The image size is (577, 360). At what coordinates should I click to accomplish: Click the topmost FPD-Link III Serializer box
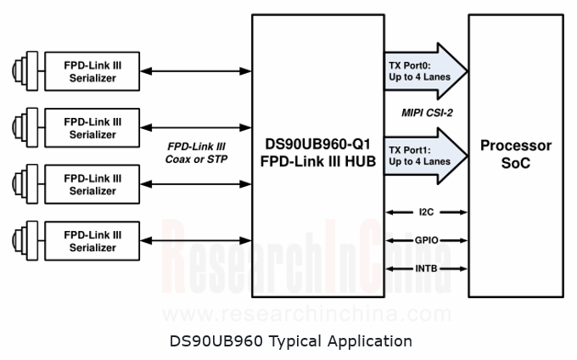[x=92, y=72]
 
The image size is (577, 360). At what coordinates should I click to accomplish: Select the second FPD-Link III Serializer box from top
[x=92, y=128]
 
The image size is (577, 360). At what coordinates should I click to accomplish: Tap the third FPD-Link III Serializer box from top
[x=92, y=184]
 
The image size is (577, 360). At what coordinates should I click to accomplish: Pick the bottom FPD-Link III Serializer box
[x=92, y=241]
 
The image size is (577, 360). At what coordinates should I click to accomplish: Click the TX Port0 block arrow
[x=424, y=71]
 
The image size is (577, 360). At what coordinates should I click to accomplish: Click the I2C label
[x=427, y=211]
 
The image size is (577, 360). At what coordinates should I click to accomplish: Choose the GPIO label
[x=427, y=240]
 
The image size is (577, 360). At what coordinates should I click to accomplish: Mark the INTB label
[x=427, y=269]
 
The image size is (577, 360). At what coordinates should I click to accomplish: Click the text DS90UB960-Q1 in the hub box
[x=319, y=144]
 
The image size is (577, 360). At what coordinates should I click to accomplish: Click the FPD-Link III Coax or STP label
[x=197, y=152]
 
